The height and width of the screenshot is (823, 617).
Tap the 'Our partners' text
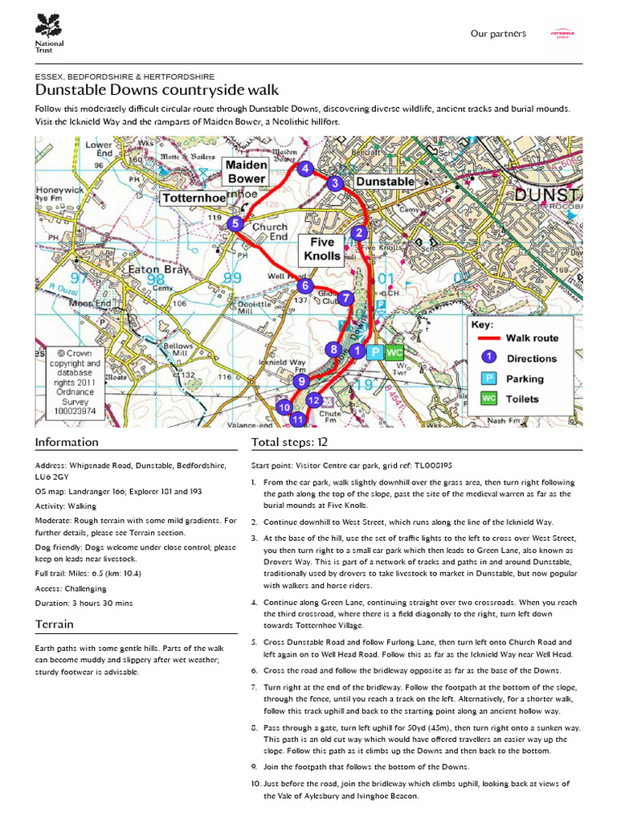pos(498,34)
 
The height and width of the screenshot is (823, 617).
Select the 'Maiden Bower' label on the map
pos(246,171)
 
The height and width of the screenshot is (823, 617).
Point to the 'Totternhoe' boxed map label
pos(192,198)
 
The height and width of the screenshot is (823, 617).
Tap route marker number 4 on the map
pos(304,169)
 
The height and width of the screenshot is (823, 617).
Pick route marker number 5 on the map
pos(235,224)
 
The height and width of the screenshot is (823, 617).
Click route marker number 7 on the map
pos(345,298)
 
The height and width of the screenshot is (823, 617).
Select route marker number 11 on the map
pos(298,419)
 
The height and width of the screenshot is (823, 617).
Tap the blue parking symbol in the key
pos(488,379)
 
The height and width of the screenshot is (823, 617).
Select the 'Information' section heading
pos(67,442)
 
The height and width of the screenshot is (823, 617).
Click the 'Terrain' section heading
pos(55,624)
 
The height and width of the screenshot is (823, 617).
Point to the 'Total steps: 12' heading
pos(289,442)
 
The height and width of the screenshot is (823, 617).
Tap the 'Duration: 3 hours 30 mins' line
pos(84,603)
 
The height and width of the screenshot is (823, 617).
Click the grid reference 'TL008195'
pos(433,465)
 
